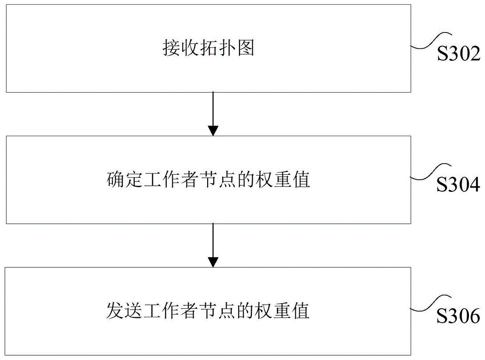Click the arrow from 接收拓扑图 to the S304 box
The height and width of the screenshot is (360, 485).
tap(212, 114)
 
